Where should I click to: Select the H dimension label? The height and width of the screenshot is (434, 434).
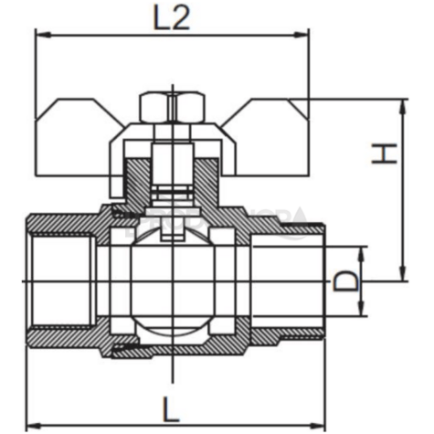(388, 153)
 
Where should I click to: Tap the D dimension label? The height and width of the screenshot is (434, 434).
(344, 281)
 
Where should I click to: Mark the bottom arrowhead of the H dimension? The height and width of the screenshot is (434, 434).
(401, 276)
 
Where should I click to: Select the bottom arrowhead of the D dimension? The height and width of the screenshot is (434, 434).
(362, 311)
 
